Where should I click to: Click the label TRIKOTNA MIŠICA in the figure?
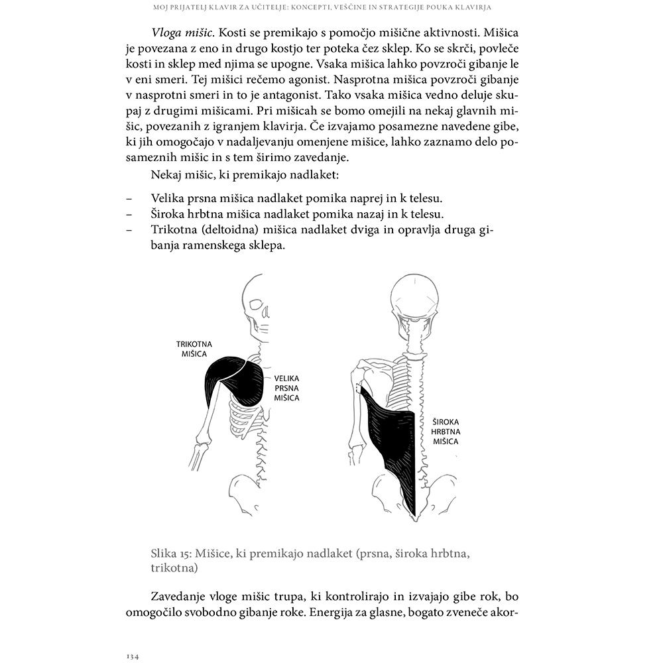pyautogui.click(x=194, y=349)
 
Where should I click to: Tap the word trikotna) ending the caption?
pyautogui.click(x=174, y=569)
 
